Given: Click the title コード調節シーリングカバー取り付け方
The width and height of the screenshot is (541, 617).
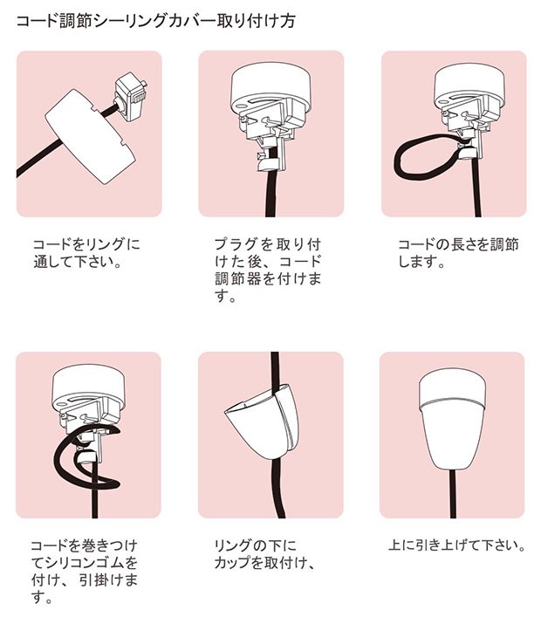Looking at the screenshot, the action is tap(156, 21).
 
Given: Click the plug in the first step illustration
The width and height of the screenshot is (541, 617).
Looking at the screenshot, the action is tap(131, 99).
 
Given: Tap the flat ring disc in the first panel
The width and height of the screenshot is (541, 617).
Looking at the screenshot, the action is tap(90, 136).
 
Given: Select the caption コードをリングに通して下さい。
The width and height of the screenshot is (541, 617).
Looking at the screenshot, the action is tap(86, 253).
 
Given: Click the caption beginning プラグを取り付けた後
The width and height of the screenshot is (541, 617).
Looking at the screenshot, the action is tap(268, 270).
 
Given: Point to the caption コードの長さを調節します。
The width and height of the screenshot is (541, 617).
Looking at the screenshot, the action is tap(458, 253).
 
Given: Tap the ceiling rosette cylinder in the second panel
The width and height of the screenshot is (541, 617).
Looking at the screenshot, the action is tap(271, 87).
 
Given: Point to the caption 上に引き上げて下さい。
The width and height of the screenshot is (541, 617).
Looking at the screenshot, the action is tap(457, 545).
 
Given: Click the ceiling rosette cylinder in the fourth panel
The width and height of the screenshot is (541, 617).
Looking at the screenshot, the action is tap(91, 388).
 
